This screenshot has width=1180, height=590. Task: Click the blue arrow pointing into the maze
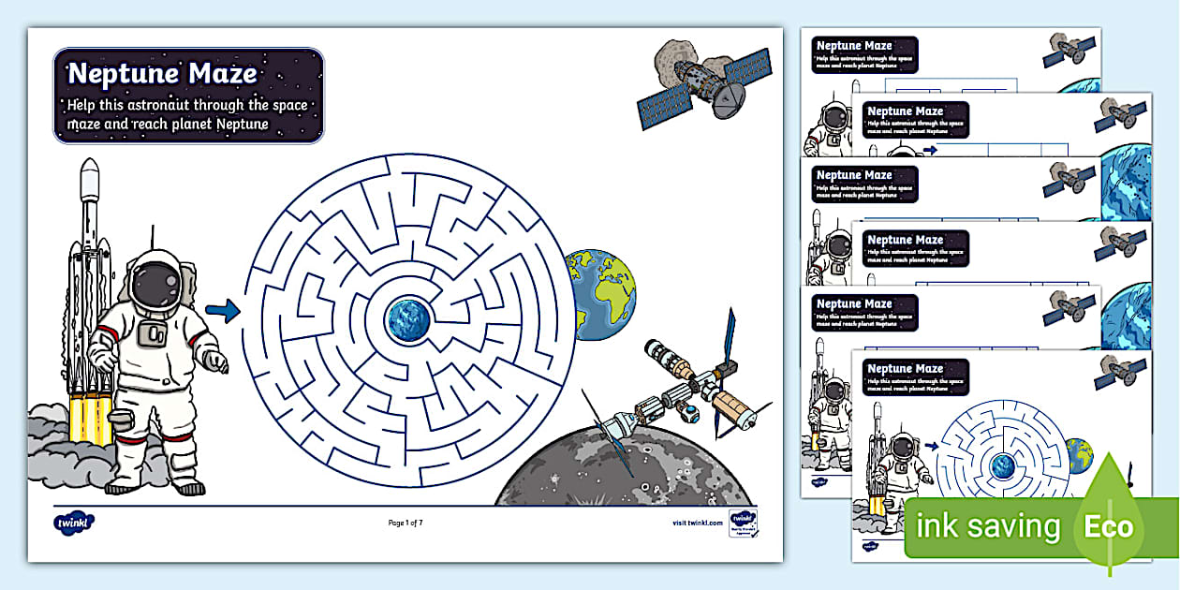223,311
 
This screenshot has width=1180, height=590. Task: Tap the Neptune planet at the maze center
409,319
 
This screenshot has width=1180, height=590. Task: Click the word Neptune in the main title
125,73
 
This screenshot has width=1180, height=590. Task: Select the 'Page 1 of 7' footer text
411,523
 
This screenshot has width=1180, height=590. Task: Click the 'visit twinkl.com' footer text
697,523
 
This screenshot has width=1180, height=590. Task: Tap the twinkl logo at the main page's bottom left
74,521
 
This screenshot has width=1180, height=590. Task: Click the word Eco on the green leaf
1109,526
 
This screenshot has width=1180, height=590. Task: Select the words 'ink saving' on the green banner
987,527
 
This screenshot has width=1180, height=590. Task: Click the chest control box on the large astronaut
154,335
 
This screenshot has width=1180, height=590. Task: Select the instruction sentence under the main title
187,114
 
